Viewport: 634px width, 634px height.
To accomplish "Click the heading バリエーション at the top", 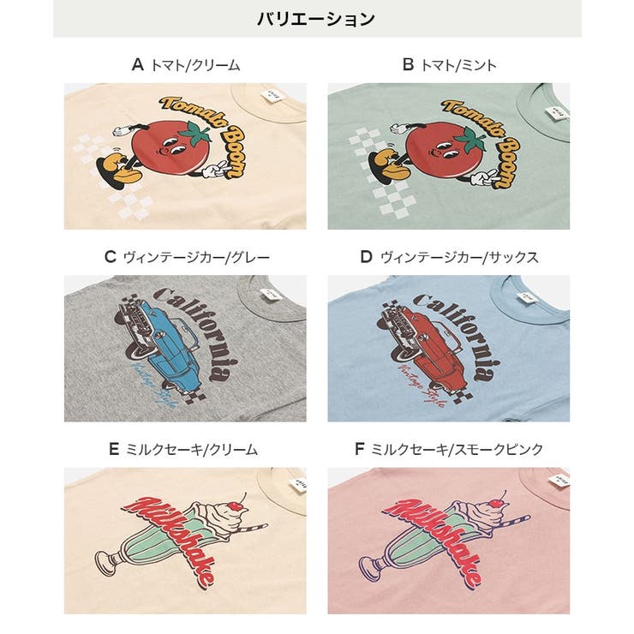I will [x=316, y=19].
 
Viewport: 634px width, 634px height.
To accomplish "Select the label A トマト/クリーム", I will [x=185, y=64].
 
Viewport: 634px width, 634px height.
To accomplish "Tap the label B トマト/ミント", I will [x=449, y=64].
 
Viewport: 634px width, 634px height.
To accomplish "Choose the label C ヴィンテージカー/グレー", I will [x=185, y=256].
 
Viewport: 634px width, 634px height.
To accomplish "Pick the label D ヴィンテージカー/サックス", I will [x=449, y=256].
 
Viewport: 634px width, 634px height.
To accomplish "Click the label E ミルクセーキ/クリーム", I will [x=185, y=448].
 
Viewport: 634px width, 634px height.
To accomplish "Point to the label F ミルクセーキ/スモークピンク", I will [x=449, y=448].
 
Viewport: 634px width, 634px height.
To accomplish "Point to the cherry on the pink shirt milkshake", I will [x=498, y=496].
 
